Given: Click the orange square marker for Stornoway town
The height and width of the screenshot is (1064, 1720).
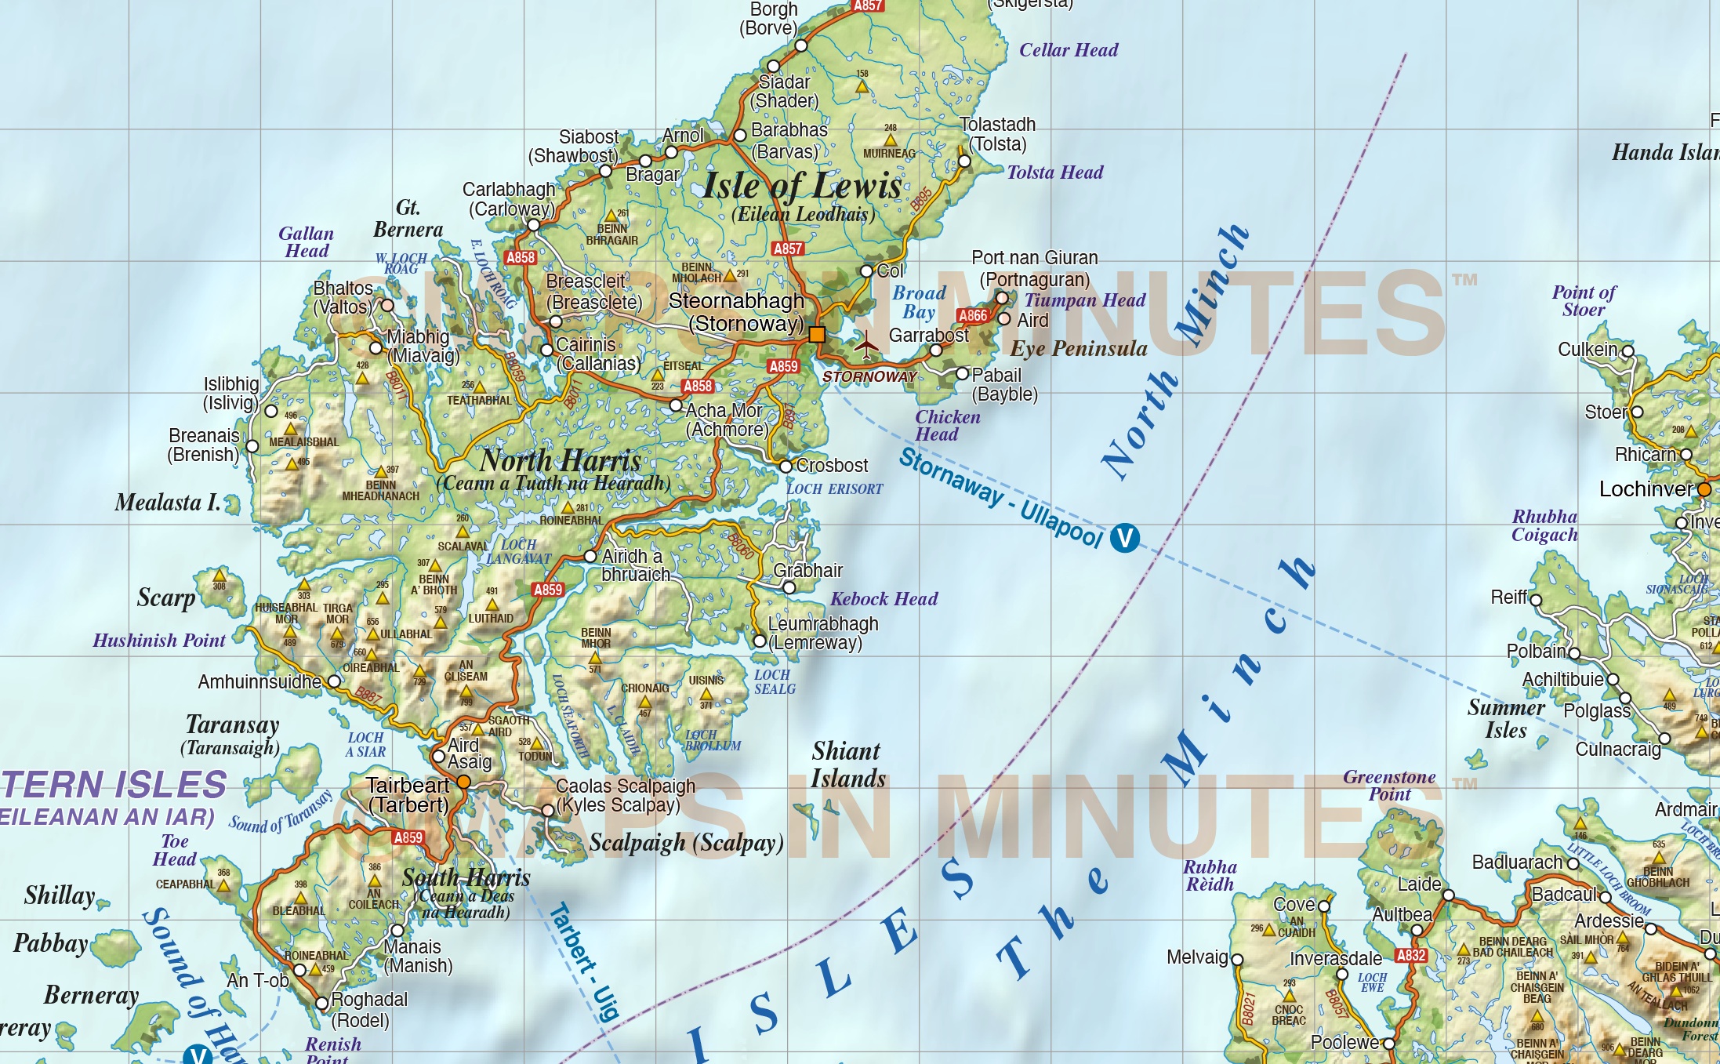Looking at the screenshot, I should point(817,335).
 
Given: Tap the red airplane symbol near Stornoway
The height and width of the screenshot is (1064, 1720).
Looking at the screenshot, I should point(866,345).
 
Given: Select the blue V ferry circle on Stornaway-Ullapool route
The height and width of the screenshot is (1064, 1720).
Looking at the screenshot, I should point(1124,538).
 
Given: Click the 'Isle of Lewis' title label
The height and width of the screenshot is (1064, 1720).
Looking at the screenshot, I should point(802,187).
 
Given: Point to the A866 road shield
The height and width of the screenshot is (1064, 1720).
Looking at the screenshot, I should point(973,315).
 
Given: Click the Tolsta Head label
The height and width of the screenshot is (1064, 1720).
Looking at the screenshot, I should point(1054,172).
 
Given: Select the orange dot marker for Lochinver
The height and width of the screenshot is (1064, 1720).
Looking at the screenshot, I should point(1704,489).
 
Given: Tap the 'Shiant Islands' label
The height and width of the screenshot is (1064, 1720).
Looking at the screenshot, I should point(847,764).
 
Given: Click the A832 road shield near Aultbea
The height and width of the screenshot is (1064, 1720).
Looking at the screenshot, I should point(1410,955).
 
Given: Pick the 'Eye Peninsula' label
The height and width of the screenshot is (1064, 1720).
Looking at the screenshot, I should point(1078,349).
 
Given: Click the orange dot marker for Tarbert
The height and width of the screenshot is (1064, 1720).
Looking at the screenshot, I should point(463,782).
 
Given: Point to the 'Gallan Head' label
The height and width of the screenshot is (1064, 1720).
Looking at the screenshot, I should point(307,242).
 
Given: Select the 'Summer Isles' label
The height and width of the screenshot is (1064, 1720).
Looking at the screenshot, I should point(1506,719).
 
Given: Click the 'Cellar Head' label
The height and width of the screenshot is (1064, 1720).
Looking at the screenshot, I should point(1068,50).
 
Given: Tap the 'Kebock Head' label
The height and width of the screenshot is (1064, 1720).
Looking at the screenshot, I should point(884,599).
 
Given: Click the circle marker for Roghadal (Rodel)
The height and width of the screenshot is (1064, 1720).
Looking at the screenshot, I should point(321,1003).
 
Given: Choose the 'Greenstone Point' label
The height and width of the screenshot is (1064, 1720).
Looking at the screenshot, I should point(1389,786).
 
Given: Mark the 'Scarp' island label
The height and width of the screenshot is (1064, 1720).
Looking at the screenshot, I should point(165,597).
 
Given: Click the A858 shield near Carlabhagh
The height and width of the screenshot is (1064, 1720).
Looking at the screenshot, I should point(521,257).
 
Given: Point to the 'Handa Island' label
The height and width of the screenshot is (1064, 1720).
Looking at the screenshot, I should point(1664,152).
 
